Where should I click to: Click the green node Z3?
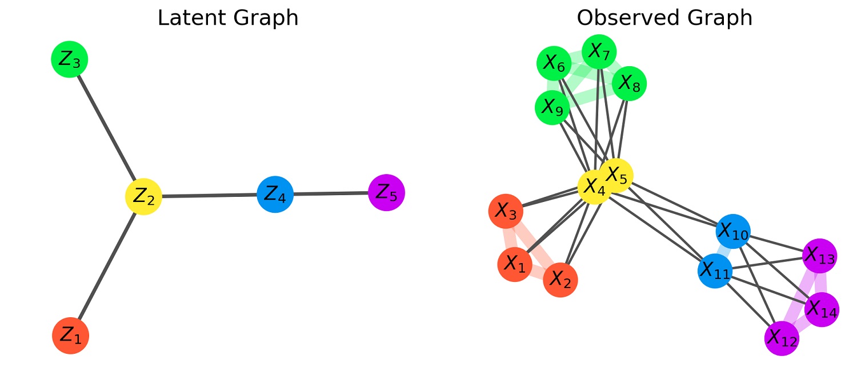69,59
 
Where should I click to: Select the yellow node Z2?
143,196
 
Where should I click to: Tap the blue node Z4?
275,194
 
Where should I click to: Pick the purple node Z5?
387,193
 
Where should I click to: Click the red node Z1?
70,336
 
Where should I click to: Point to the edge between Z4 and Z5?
331,193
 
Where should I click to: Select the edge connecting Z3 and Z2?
106,128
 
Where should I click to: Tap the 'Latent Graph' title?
227,18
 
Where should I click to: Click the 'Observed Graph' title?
664,18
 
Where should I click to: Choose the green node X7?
599,52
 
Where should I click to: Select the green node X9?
552,107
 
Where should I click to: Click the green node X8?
629,84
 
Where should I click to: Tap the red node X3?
506,211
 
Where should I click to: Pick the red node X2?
560,280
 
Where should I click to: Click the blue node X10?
732,231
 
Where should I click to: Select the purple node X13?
820,256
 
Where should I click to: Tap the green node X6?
554,64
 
